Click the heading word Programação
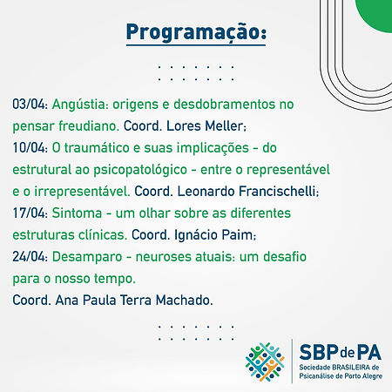(x=196, y=33)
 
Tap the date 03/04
(x=29, y=105)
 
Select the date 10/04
(x=29, y=148)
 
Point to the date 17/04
(x=29, y=213)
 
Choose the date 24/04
(x=29, y=257)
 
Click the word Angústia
(x=78, y=105)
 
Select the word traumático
(x=97, y=148)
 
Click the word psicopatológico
(x=140, y=171)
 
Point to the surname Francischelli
(x=277, y=192)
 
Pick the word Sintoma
(x=77, y=213)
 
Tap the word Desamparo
(x=87, y=258)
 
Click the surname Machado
(x=182, y=301)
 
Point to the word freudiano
(x=89, y=126)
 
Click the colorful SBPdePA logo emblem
(x=265, y=362)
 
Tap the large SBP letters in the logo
(x=318, y=352)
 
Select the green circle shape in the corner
(x=375, y=15)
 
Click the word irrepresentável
(x=82, y=193)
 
